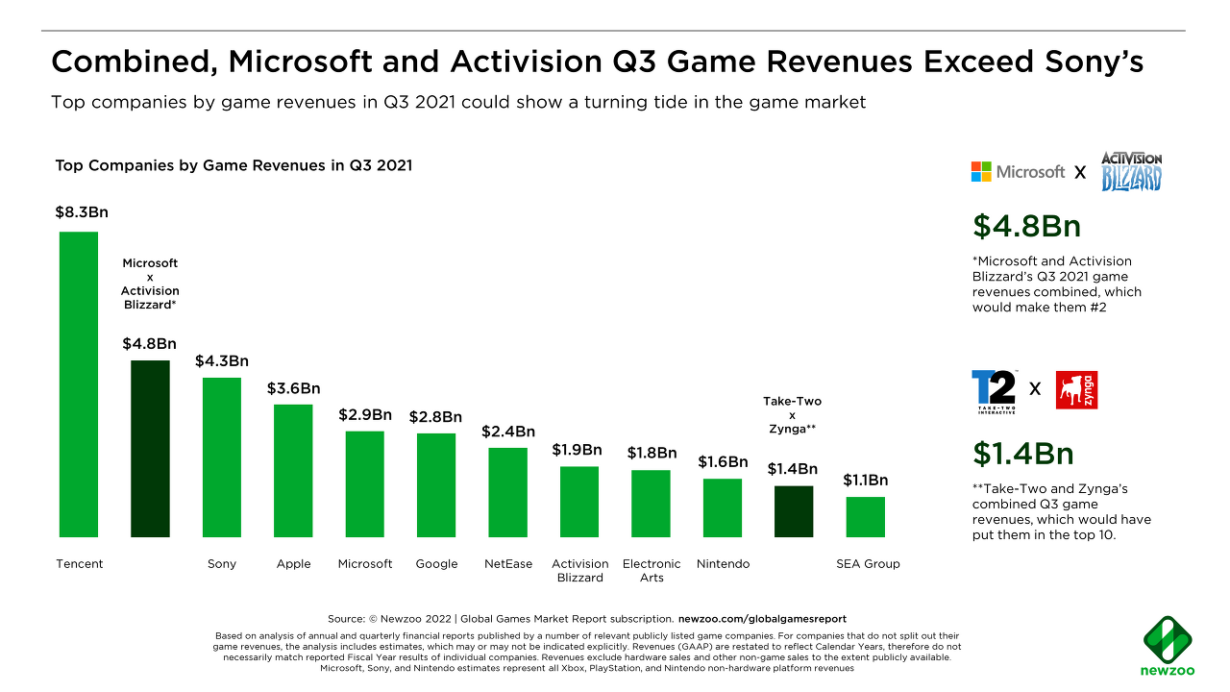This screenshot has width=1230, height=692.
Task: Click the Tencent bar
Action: (79, 384)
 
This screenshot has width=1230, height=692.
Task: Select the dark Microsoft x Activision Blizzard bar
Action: (150, 449)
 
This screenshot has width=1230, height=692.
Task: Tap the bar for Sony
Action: (222, 457)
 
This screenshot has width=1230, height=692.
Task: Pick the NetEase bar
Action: (507, 492)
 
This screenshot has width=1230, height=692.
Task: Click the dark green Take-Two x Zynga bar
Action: (794, 511)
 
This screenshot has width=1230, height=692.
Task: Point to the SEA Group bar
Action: (865, 517)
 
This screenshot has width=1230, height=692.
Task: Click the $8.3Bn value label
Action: (75, 211)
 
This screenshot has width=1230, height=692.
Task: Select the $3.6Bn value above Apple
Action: (293, 388)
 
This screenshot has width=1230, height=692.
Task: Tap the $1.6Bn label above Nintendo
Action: (723, 462)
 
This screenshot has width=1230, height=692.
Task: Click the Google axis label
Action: (436, 564)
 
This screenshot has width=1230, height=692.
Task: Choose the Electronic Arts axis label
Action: (652, 571)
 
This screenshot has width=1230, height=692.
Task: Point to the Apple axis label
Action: (293, 564)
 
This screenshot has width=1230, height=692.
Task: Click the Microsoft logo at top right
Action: (1018, 172)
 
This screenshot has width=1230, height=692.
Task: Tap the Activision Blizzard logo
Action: (1131, 171)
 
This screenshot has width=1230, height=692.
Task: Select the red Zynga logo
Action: (1076, 390)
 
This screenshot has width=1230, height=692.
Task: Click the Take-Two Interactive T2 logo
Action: (994, 390)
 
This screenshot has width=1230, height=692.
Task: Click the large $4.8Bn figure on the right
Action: (1026, 226)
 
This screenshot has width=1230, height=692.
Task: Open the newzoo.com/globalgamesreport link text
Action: (762, 618)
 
